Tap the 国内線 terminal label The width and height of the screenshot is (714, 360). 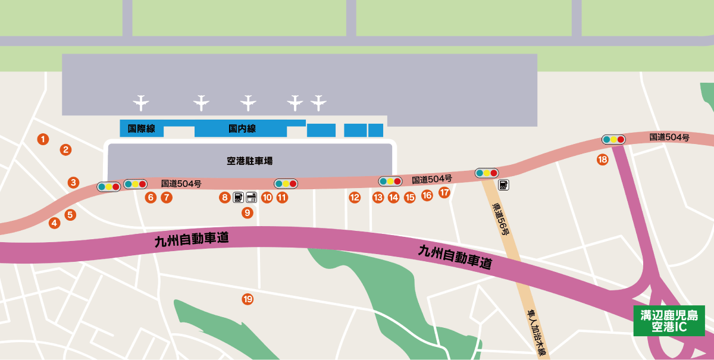pos(242,129)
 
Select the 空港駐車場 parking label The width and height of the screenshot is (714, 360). pos(250,161)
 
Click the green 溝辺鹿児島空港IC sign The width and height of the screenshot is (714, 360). pos(669,321)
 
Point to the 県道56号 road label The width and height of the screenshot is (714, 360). pos(500,220)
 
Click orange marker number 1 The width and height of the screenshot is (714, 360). pos(42,139)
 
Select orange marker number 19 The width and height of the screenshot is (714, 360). pos(248,299)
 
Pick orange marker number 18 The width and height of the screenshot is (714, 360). pos(603,159)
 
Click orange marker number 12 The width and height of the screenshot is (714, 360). pos(355,198)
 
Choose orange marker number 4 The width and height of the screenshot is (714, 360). pos(55,223)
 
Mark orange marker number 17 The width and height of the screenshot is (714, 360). pos(444,192)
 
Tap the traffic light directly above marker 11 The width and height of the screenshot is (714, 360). pos(286,183)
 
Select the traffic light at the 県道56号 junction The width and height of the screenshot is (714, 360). pos(487,173)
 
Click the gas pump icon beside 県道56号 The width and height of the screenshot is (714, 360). pos(503,185)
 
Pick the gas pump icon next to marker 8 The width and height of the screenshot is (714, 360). pos(237,197)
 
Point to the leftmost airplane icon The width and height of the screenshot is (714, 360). pos(141,103)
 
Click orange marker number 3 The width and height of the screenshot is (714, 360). pos(73,183)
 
